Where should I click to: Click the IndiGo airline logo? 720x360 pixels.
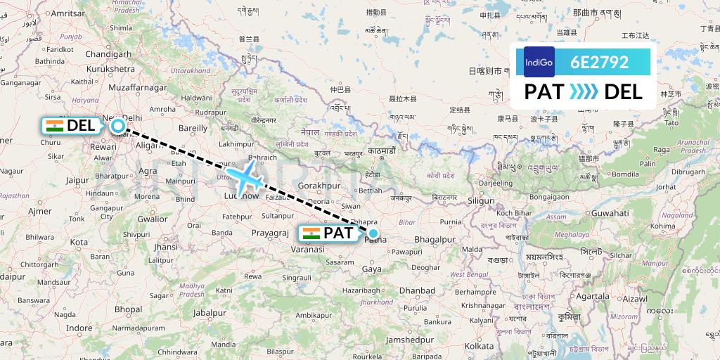(x=539, y=62)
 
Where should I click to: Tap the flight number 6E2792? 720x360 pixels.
(x=600, y=62)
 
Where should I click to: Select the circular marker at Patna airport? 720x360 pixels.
(x=373, y=233)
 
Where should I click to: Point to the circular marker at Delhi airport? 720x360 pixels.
(x=118, y=126)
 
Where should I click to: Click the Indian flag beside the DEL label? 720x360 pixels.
(x=54, y=126)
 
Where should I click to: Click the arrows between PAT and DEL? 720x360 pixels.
(x=584, y=91)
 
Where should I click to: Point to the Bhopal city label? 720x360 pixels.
(x=127, y=309)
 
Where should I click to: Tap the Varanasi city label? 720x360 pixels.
(x=308, y=250)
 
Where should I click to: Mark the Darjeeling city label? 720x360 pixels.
(x=496, y=183)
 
